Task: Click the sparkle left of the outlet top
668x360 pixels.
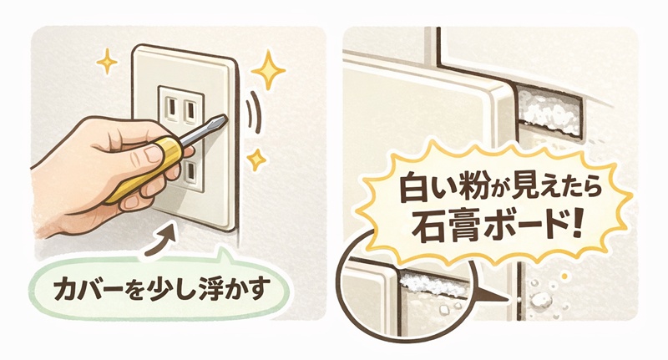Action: pyautogui.click(x=106, y=62)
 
